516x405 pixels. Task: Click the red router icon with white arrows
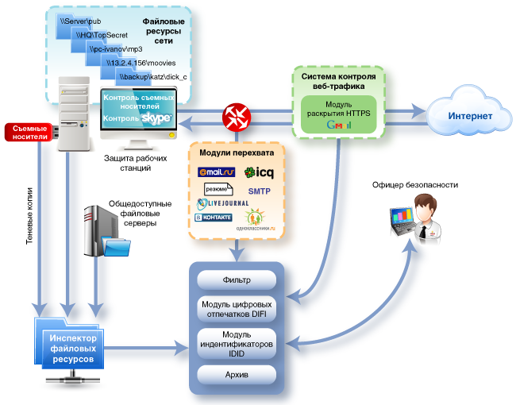(237, 116)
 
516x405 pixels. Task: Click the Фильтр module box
(236, 280)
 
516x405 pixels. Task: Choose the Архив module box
(236, 374)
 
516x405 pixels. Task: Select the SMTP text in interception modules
(260, 191)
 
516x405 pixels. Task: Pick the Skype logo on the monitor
(156, 118)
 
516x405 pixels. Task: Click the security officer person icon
(414, 218)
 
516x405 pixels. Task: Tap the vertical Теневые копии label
(29, 218)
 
